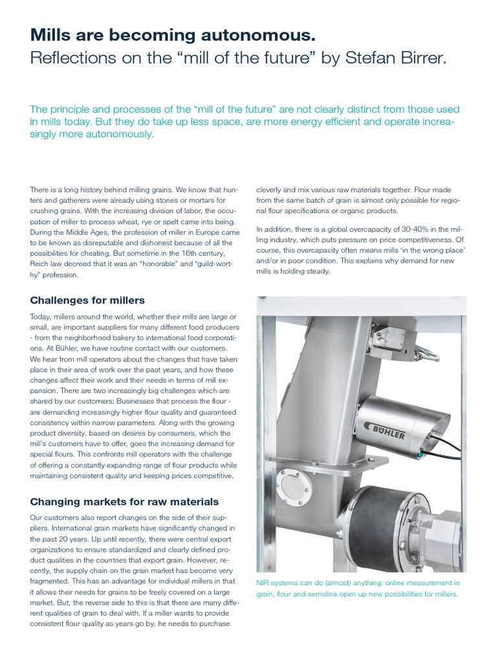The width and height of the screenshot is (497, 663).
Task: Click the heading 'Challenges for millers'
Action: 87,300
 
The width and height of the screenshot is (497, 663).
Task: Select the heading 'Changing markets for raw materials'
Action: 124,501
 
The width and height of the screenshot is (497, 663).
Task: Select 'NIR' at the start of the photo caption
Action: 264,583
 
